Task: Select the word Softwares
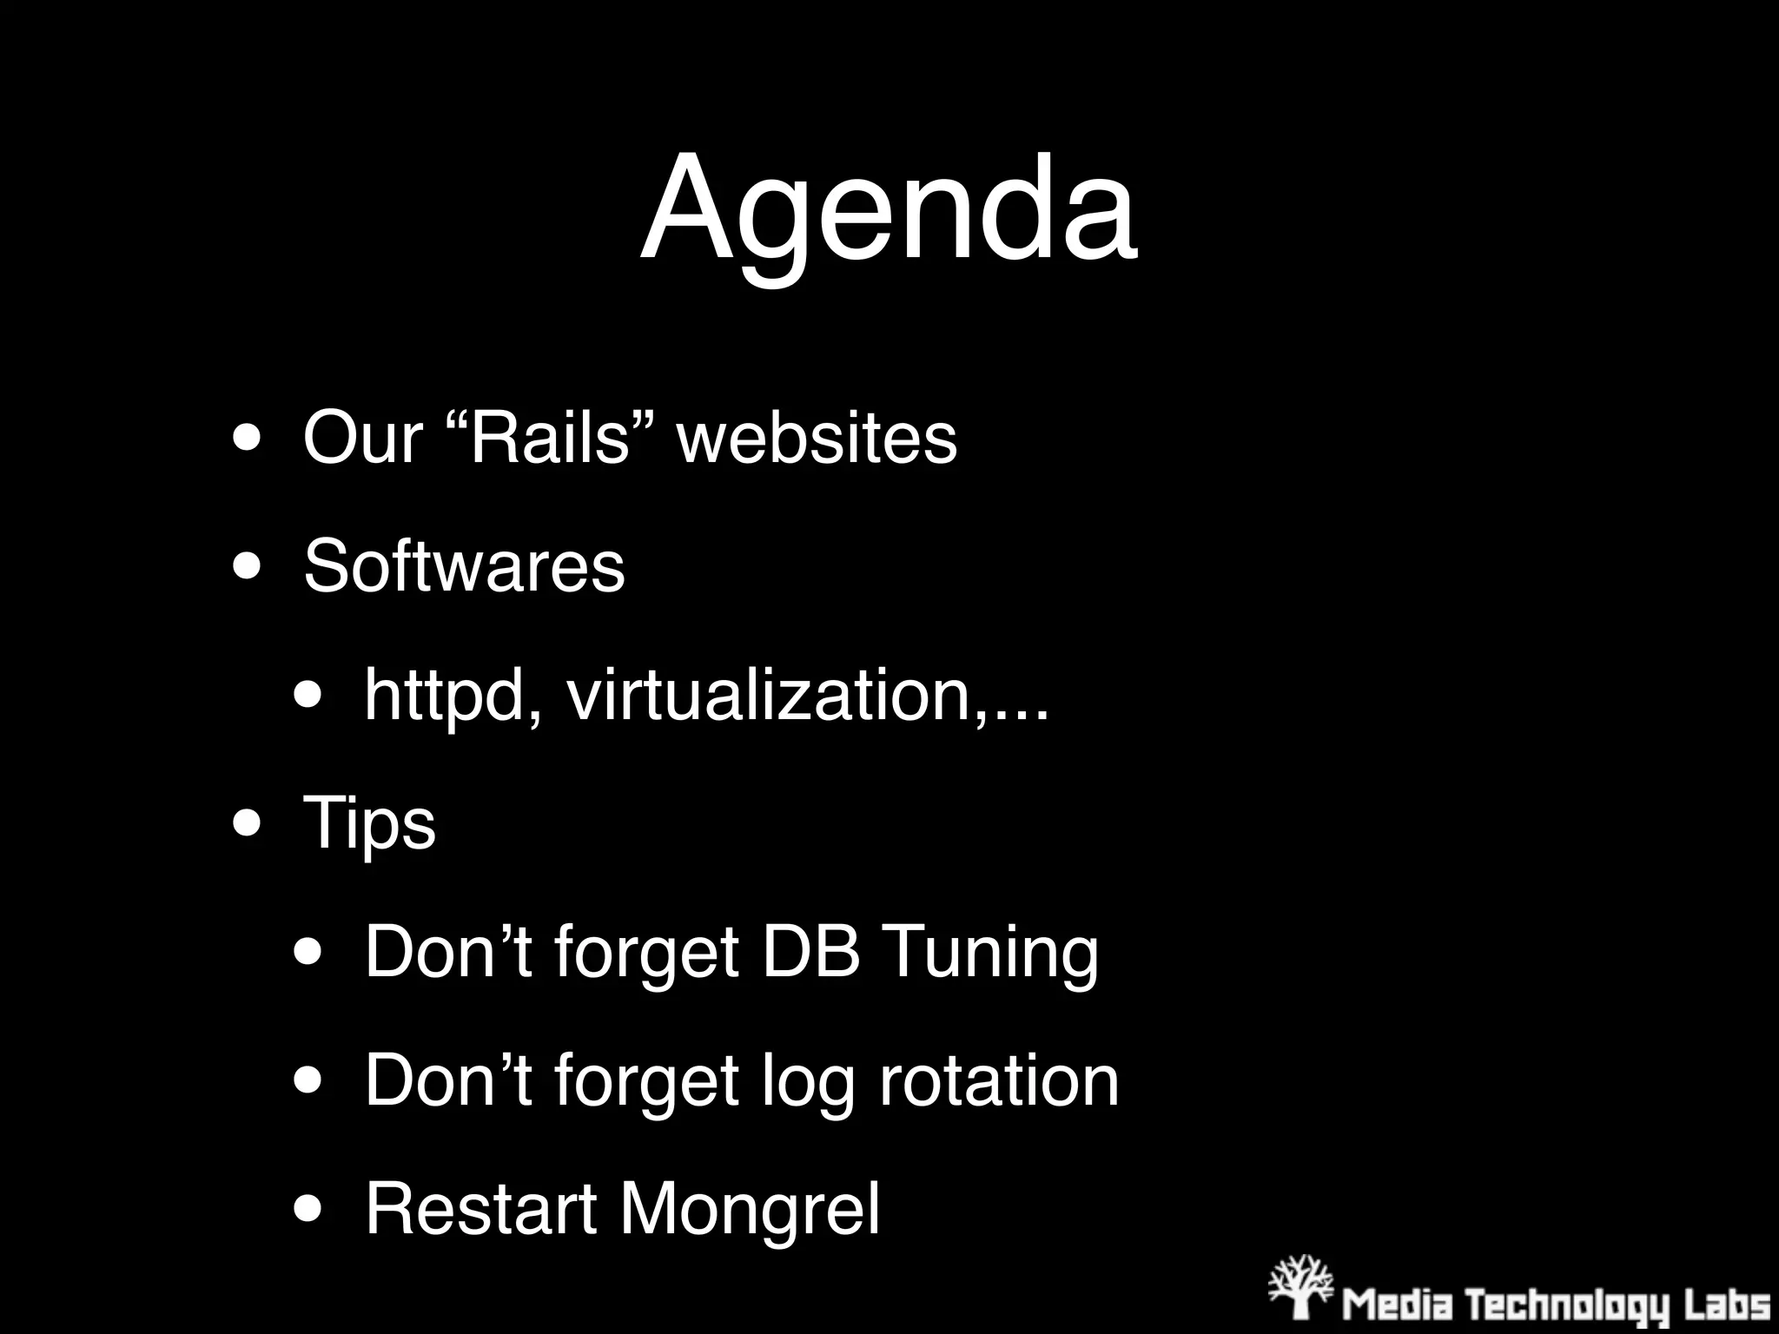pyautogui.click(x=464, y=565)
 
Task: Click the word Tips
pyautogui.click(x=368, y=822)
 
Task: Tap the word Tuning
pyautogui.click(x=989, y=953)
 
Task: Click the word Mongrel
pyautogui.click(x=750, y=1209)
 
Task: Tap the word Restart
pyautogui.click(x=481, y=1208)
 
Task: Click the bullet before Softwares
pyautogui.click(x=248, y=567)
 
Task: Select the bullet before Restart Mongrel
pyautogui.click(x=308, y=1210)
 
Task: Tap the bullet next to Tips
pyautogui.click(x=248, y=823)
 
